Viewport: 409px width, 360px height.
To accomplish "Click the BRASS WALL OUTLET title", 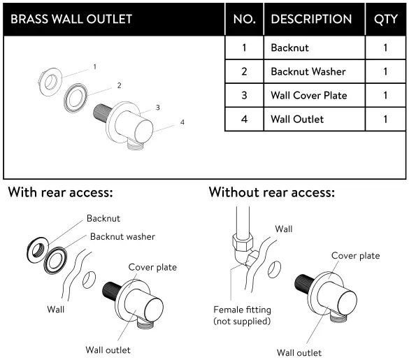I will click(x=71, y=19).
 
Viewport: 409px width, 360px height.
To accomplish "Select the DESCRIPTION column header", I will click(x=311, y=19).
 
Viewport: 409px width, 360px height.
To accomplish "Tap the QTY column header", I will click(x=385, y=19).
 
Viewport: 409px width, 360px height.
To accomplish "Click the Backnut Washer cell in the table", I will click(x=308, y=71).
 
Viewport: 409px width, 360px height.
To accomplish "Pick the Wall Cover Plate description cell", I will click(x=308, y=95).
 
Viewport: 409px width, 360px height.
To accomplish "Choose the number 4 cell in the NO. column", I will click(x=243, y=119).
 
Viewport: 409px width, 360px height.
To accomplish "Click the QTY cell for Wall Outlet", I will click(x=385, y=119).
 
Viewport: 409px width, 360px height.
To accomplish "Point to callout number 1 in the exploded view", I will click(x=94, y=68).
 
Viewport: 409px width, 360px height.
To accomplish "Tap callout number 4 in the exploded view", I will click(x=182, y=122).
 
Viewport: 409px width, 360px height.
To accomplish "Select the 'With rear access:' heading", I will click(x=61, y=192).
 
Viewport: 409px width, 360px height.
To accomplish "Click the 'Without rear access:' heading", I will click(x=272, y=192).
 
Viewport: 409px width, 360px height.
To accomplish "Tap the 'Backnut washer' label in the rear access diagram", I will click(x=122, y=236).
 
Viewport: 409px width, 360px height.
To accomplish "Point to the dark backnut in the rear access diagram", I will click(x=37, y=248).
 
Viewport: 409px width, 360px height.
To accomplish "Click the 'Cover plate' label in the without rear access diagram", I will click(x=355, y=256).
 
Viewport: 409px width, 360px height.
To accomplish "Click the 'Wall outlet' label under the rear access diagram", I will click(x=108, y=350).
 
